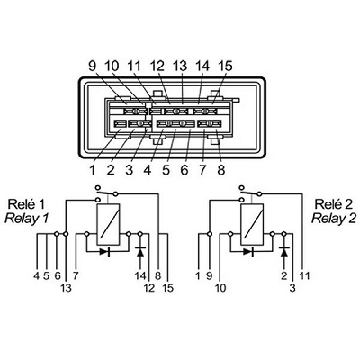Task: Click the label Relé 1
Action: pos(26,204)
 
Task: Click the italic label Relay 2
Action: pos(334,218)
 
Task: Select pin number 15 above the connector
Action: pos(225,66)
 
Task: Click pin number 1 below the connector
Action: pos(93,170)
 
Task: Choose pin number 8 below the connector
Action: pos(221,170)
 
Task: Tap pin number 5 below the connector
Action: pos(166,170)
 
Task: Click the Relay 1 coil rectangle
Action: pos(108,224)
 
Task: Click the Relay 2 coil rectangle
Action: pos(252,224)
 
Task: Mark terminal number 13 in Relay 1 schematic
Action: pos(67,288)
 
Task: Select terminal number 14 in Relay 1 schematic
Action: pos(140,275)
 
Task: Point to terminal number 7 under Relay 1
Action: pos(76,275)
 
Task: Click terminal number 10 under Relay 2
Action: pos(220,288)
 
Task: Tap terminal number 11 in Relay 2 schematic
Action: pos(304,275)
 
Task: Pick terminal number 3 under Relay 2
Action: pos(292,288)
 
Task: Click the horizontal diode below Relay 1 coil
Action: pos(104,251)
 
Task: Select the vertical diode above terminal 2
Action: pos(284,251)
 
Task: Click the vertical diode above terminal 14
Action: pos(140,251)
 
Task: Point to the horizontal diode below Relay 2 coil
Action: pos(248,251)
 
